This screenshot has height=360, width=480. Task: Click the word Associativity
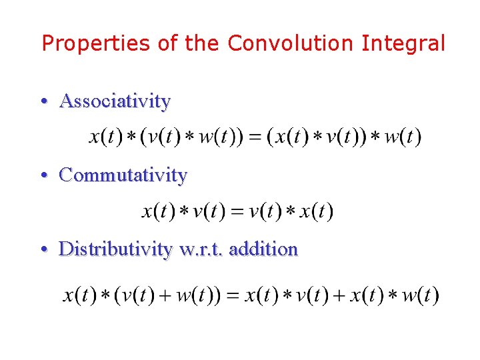pyautogui.click(x=115, y=101)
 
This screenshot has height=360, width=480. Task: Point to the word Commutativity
pyautogui.click(x=123, y=175)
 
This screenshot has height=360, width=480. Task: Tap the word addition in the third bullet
pyautogui.click(x=263, y=249)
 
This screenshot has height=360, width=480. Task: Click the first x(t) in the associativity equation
pyautogui.click(x=105, y=137)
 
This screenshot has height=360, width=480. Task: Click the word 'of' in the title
pyautogui.click(x=167, y=44)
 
